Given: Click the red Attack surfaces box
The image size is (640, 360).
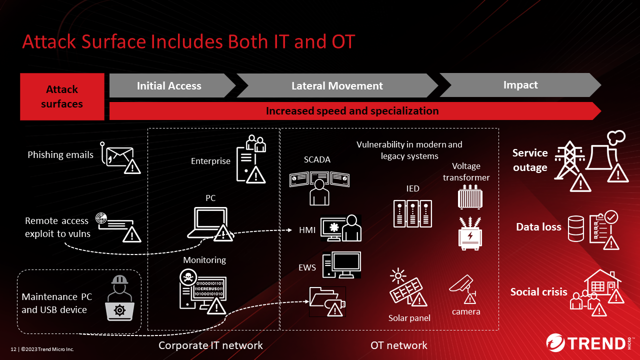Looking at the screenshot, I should [x=62, y=96].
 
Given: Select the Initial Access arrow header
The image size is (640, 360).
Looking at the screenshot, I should [x=169, y=85].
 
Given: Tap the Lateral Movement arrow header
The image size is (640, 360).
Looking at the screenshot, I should [x=337, y=85].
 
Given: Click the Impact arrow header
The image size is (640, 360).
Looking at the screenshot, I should [x=520, y=85].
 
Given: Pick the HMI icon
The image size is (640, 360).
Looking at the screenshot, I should [x=341, y=228].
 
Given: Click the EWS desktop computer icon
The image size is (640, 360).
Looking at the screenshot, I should [x=341, y=265].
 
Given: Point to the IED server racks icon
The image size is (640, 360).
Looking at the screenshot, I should [x=412, y=213].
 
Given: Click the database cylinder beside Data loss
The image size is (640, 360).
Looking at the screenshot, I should [x=576, y=228].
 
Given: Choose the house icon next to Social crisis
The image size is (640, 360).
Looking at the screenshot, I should [x=602, y=283].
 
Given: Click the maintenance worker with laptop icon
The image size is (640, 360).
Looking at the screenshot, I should [x=120, y=298].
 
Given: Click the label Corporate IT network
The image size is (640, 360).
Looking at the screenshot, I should [x=210, y=345].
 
